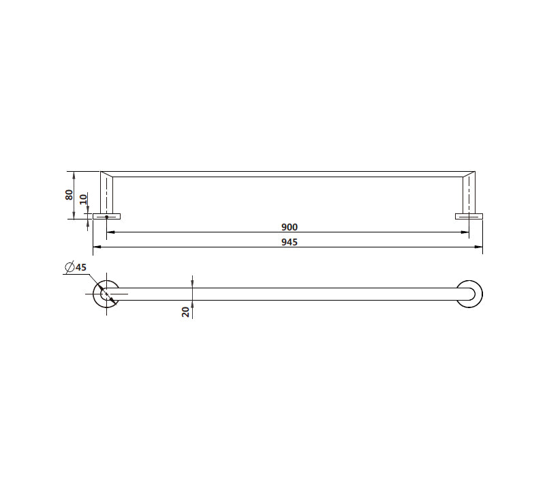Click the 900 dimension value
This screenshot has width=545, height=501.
coord(290,227)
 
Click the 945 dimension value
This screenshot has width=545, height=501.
coord(290,242)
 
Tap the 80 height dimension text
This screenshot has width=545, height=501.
coord(69,194)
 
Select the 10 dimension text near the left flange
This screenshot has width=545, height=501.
coord(83,200)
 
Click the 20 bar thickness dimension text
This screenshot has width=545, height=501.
coord(185,312)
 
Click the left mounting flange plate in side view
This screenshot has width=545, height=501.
coord(106,217)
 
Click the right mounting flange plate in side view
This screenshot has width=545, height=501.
coord(469,217)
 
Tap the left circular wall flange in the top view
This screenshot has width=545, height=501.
coord(106,294)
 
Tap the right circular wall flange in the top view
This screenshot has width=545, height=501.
coord(470,294)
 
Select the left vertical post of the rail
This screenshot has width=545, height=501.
coord(106,194)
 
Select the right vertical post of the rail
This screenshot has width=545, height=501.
coord(469,194)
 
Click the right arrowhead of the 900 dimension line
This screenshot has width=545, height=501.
coord(465,232)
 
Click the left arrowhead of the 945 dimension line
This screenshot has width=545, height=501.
coord(95,246)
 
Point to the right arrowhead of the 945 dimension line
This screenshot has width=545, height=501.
coord(479,246)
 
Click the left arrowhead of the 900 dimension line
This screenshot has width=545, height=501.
coord(110,232)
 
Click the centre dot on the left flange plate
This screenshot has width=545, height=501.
coord(106,217)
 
